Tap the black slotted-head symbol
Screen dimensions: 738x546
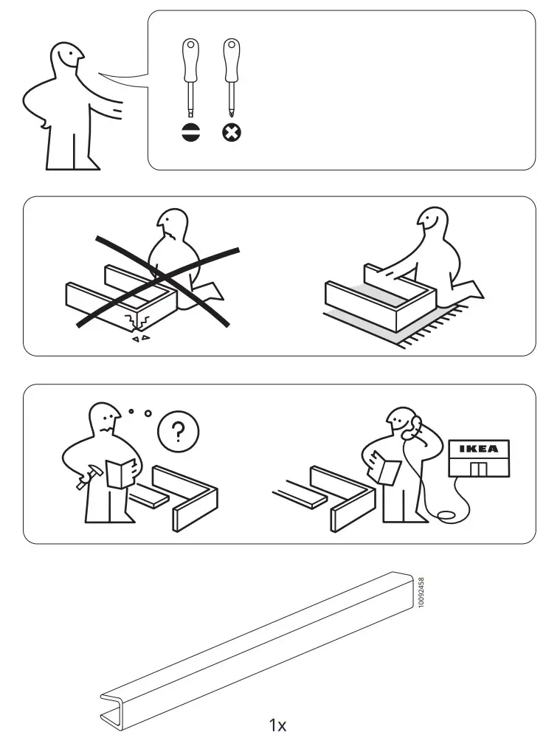point(190,133)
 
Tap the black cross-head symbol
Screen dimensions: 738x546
point(232,133)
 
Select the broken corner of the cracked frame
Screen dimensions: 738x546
point(139,322)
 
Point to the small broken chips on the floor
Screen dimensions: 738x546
point(139,338)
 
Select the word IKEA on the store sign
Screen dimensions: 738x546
point(478,449)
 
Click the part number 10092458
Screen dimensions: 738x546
point(421,593)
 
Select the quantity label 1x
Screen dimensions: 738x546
point(277,725)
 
